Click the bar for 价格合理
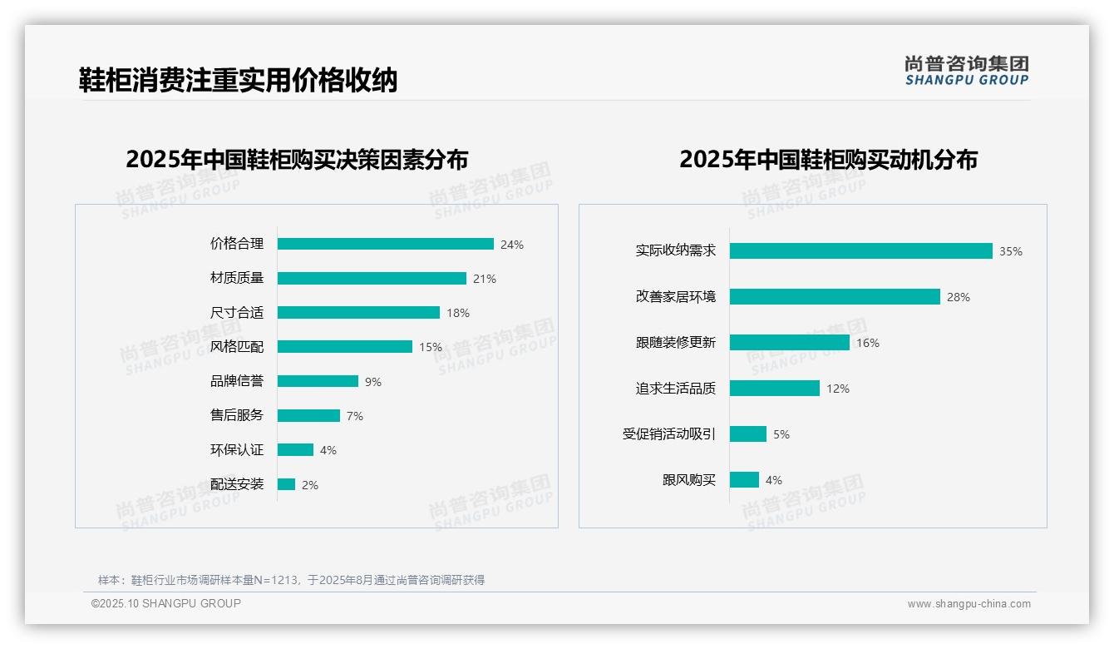[x=385, y=244]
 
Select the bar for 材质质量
[x=372, y=279]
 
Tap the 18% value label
[x=458, y=313]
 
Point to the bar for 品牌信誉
[x=318, y=381]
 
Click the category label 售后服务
[x=237, y=415]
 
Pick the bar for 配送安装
[x=286, y=484]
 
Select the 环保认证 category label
[x=237, y=450]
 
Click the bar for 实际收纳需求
[x=860, y=250]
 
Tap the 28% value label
[x=959, y=297]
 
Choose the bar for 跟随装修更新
[x=790, y=342]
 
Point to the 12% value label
[x=838, y=389]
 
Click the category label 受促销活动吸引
[x=669, y=434]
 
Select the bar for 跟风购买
[x=744, y=480]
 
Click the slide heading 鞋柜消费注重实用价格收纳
[x=239, y=80]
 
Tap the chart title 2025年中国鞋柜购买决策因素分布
[x=297, y=159]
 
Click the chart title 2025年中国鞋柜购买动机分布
[x=828, y=159]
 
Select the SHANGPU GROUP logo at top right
[x=966, y=71]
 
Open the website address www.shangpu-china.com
[x=969, y=604]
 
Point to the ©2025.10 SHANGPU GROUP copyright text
[x=166, y=603]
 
